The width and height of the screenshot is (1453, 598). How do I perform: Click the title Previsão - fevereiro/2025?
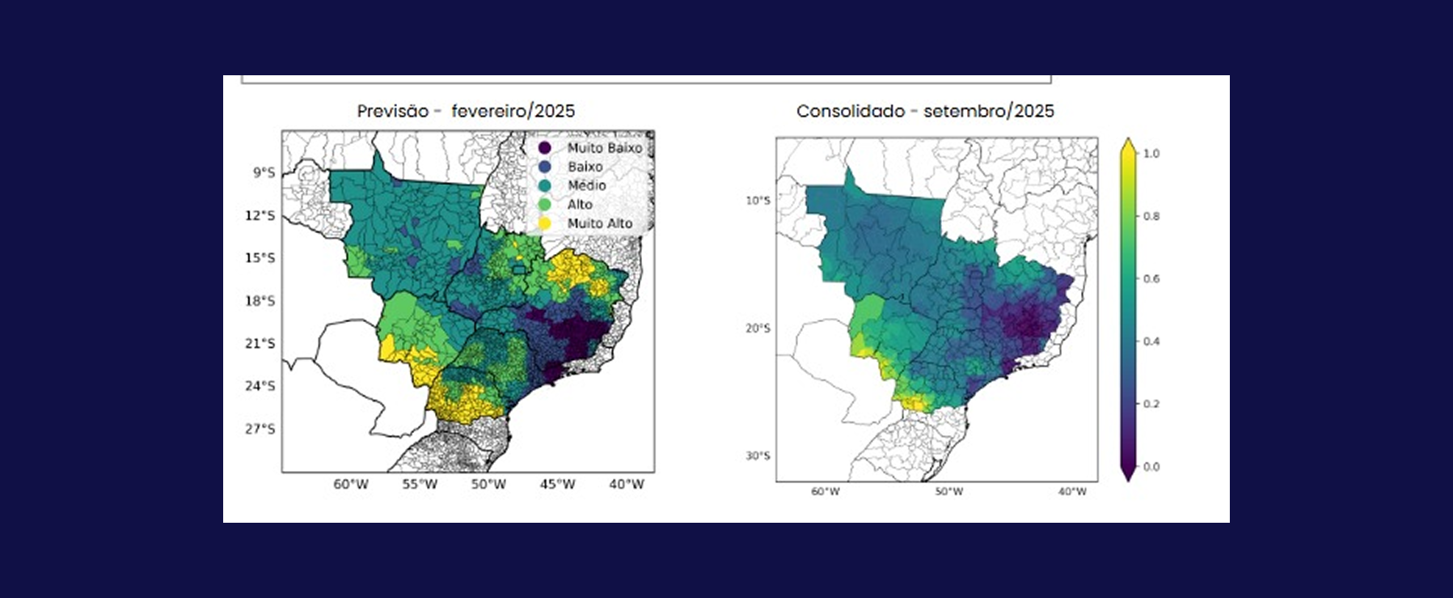(x=466, y=112)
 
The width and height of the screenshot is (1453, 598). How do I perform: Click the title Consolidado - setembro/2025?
(x=925, y=112)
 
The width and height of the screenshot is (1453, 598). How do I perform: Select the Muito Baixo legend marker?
(x=545, y=148)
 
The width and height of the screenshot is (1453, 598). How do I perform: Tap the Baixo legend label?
(x=585, y=167)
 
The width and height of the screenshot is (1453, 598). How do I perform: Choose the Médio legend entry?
(x=586, y=185)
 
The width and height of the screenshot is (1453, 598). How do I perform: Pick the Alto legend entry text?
(x=580, y=205)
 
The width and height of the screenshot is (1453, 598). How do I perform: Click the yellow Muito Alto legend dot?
(x=545, y=223)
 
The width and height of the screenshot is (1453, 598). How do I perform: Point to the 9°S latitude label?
(x=264, y=172)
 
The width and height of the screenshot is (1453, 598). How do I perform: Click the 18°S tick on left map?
(x=260, y=301)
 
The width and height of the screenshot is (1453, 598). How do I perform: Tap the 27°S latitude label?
(x=260, y=429)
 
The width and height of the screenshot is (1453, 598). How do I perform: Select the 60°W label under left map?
(x=351, y=485)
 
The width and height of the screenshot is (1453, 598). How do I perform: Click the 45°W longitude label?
(x=558, y=485)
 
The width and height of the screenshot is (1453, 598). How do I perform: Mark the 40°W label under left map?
(x=627, y=485)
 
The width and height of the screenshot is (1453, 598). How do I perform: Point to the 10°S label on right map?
(x=758, y=201)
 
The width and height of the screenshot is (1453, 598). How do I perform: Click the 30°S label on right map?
(x=758, y=456)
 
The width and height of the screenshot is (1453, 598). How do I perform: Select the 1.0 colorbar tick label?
(x=1151, y=154)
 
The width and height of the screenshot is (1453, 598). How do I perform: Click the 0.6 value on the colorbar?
(x=1151, y=279)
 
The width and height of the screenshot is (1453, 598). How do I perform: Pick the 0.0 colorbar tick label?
(x=1151, y=467)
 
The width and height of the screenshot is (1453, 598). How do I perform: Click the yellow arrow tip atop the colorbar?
(x=1128, y=144)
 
